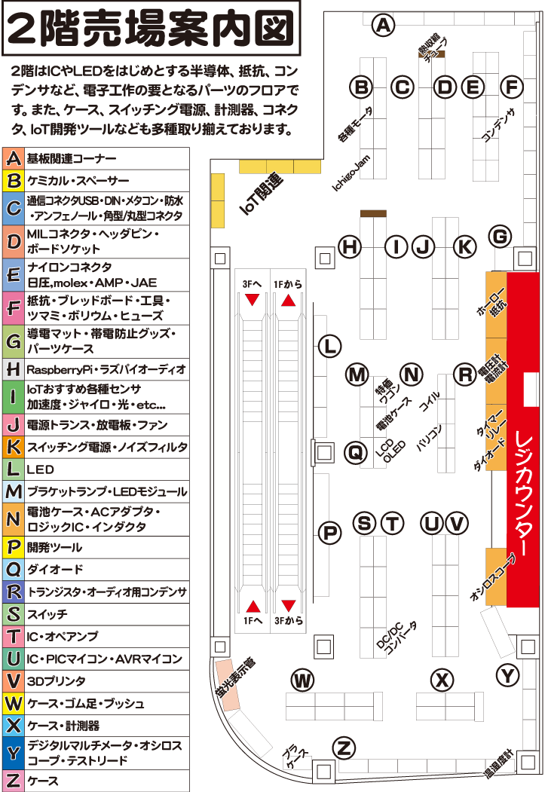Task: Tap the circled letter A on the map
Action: click(x=384, y=26)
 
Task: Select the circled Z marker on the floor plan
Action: click(x=344, y=749)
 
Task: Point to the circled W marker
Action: click(x=303, y=680)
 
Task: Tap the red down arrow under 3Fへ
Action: click(x=253, y=300)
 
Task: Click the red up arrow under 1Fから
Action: click(x=288, y=300)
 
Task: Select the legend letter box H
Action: click(x=13, y=369)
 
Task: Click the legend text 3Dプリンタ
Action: click(x=53, y=681)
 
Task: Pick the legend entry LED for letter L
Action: click(x=40, y=469)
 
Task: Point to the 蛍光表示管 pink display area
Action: click(x=228, y=682)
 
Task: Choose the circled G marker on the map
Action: click(x=500, y=237)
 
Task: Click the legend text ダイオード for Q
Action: click(x=55, y=570)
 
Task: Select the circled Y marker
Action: click(x=509, y=675)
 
